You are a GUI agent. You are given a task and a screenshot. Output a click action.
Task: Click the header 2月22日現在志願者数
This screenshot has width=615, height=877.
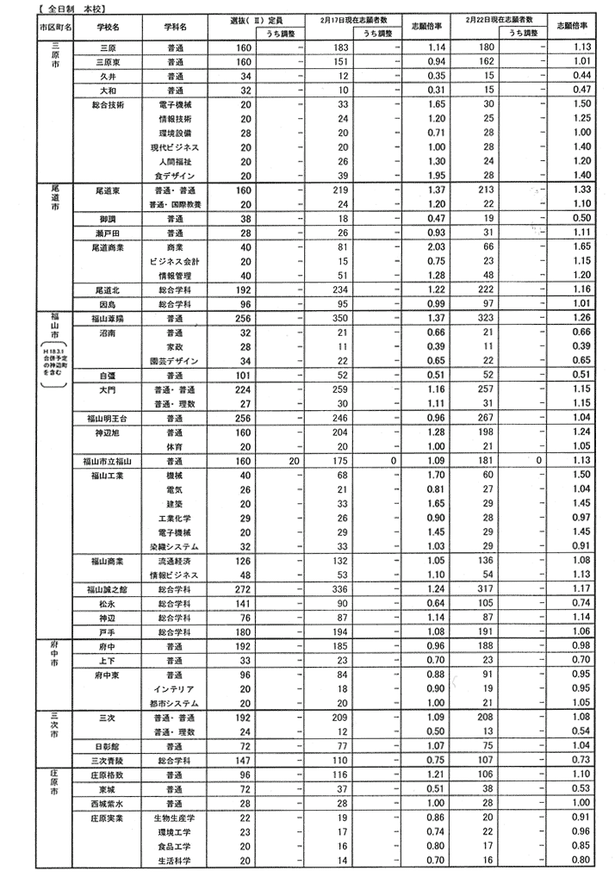pyautogui.click(x=503, y=20)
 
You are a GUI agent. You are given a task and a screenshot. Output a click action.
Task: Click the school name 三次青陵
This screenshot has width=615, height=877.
pyautogui.click(x=109, y=760)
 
